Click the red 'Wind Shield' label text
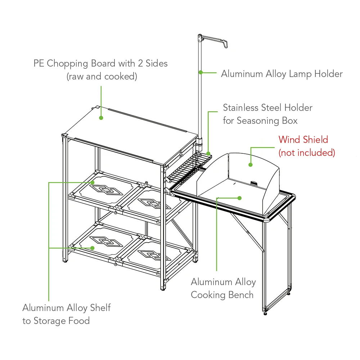point(303,139)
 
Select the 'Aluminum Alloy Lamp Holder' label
point(282,74)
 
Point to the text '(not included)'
point(307,153)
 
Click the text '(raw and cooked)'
point(102,77)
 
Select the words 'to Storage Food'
point(56,321)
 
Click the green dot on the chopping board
point(101,117)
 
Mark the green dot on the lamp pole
point(200,72)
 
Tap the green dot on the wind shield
point(251,165)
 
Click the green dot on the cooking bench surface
point(239,198)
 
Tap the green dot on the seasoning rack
point(209,153)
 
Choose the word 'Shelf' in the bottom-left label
point(100,308)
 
